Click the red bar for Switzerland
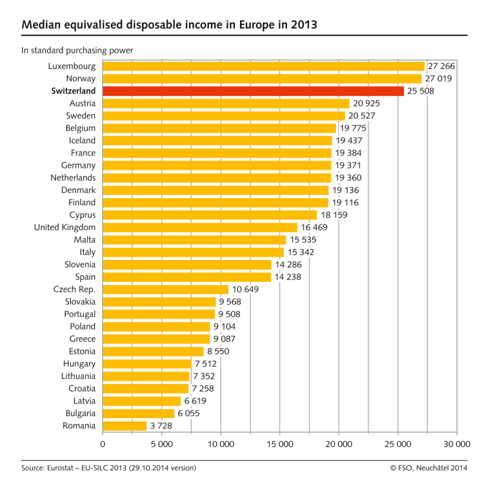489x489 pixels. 253,91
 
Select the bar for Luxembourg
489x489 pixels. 263,66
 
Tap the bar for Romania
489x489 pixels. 125,426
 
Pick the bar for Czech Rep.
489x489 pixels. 165,290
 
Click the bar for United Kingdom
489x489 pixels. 200,227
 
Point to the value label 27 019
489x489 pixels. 439,79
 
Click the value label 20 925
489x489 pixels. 366,103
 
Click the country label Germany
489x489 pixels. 78,165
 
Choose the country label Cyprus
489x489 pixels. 83,215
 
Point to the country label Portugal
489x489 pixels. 80,314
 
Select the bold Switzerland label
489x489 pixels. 74,91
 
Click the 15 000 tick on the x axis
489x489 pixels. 280,444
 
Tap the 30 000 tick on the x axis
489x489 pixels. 457,444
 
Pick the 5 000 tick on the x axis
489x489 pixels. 162,444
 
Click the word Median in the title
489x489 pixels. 41,25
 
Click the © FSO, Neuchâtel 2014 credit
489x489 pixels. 428,468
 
